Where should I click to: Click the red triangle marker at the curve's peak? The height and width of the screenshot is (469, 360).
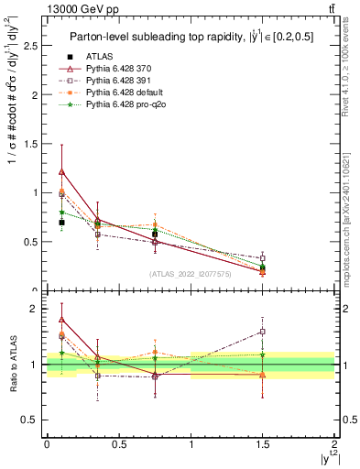click(x=61, y=171)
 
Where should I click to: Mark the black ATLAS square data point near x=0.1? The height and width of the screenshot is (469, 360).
click(x=61, y=223)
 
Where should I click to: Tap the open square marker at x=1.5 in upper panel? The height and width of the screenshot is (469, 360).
click(x=263, y=257)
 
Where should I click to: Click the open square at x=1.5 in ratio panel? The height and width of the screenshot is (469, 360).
click(x=263, y=332)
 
